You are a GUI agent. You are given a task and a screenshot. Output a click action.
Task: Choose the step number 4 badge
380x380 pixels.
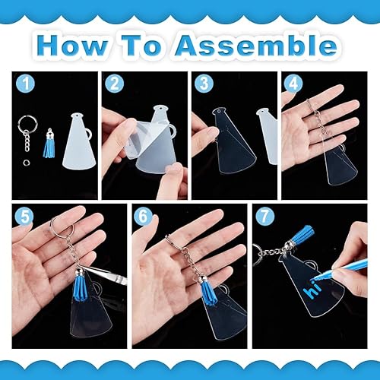[292, 82]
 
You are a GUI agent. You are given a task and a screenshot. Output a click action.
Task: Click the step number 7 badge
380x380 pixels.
[263, 215]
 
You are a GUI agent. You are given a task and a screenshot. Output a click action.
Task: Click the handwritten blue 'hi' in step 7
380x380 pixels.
[312, 290]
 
